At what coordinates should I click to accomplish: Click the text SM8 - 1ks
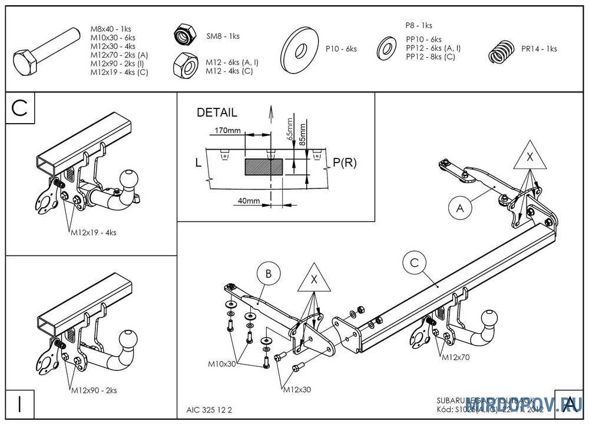(x=223, y=36)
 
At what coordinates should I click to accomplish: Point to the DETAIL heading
(x=217, y=112)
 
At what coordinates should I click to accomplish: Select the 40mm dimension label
(x=249, y=201)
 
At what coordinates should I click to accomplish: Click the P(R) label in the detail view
(x=345, y=163)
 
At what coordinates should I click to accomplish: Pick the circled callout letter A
(x=460, y=207)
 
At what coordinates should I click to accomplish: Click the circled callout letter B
(x=268, y=273)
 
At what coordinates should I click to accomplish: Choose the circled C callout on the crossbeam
(x=414, y=263)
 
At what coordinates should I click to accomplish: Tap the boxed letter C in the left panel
(x=20, y=108)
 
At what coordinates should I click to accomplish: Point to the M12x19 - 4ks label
(x=94, y=232)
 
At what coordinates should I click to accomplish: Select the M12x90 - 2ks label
(x=94, y=390)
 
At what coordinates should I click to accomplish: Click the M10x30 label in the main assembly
(x=221, y=364)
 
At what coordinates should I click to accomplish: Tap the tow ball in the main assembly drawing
(x=491, y=320)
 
